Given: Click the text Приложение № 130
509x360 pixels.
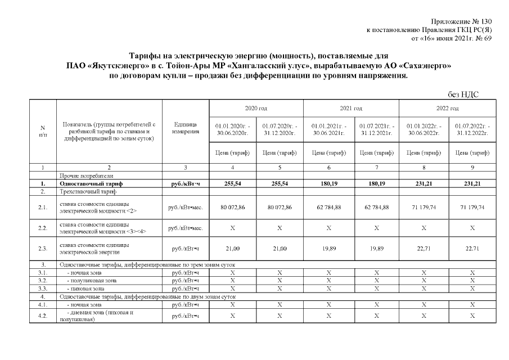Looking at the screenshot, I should (x=462, y=21).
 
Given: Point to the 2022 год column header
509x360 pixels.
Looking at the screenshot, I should (x=447, y=108).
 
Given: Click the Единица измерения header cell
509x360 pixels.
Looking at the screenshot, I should (x=185, y=128).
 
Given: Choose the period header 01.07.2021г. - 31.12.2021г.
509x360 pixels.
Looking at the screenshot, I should (x=377, y=128).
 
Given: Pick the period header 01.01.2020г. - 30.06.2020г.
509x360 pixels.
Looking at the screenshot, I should (x=232, y=128).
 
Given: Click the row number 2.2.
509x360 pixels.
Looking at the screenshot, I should (x=43, y=228).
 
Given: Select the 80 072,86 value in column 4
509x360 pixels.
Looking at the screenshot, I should (x=232, y=207).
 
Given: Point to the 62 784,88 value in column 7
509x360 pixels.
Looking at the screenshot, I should (x=377, y=207).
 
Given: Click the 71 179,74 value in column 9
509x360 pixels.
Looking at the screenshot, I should (x=472, y=207).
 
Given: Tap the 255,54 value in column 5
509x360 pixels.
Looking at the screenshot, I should (x=280, y=183).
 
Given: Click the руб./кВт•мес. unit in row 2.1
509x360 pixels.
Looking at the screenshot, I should (x=185, y=207).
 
